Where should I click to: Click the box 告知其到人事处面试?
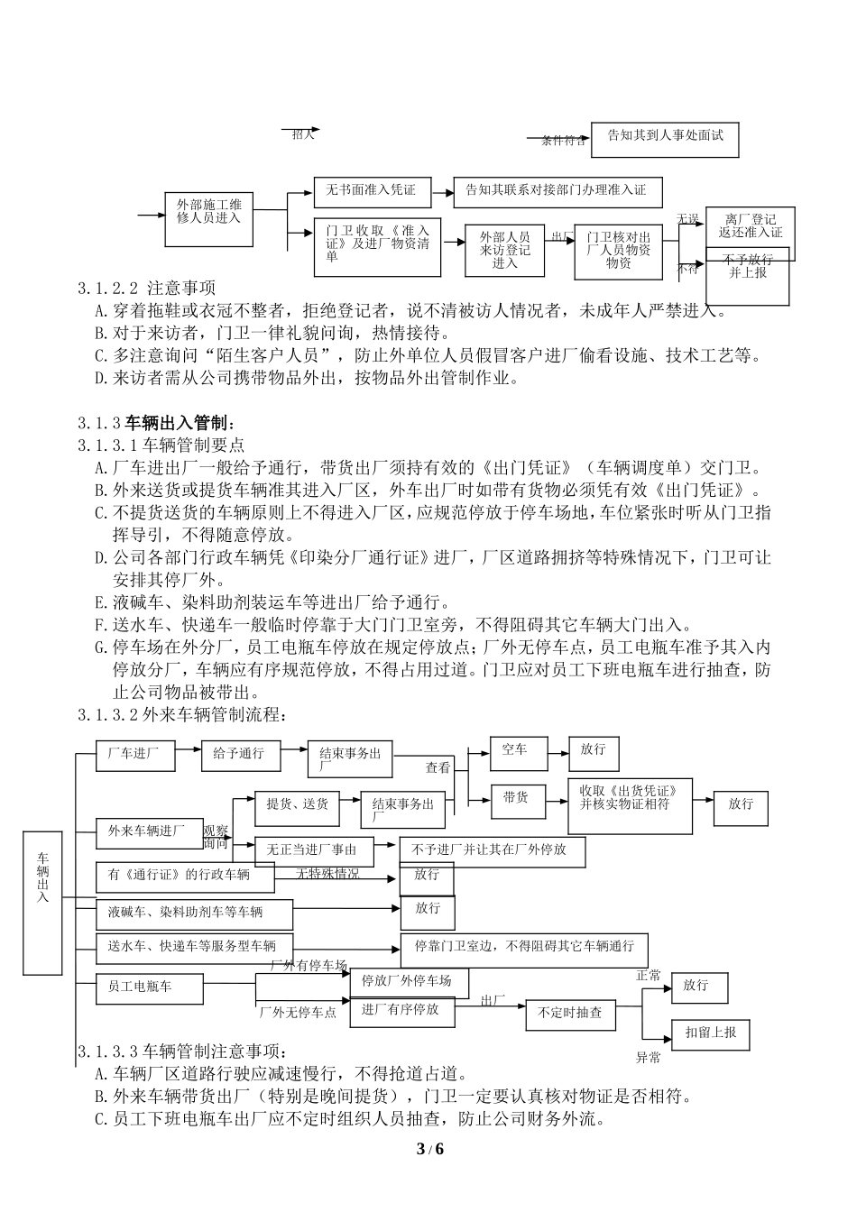coord(664,139)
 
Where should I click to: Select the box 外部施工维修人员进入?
coord(209,218)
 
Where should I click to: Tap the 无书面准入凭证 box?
coord(371,191)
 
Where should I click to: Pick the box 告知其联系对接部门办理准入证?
coord(557,191)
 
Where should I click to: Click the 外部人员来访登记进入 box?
coord(505,250)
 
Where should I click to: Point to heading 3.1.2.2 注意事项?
coord(146,289)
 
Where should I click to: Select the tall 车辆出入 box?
coord(42,902)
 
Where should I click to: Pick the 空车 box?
coord(518,753)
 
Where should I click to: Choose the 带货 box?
coord(518,799)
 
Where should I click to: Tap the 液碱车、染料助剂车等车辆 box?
coord(194,914)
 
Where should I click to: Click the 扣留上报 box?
coord(711,1033)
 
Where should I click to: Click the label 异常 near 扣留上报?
coord(649,1057)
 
